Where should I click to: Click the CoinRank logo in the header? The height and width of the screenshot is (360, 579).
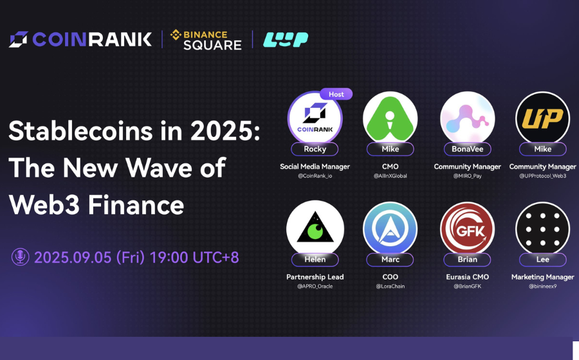(80, 39)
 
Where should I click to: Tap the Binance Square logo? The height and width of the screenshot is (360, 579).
(206, 40)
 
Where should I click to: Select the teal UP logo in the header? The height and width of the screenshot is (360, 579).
(286, 40)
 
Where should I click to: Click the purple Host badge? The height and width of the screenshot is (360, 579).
(336, 94)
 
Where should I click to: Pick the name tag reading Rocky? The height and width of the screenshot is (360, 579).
(315, 149)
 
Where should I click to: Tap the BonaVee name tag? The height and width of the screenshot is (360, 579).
(468, 149)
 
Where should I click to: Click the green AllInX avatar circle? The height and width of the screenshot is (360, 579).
(391, 118)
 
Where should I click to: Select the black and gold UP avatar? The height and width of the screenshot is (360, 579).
(543, 118)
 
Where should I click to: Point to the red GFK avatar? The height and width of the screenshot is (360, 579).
(468, 229)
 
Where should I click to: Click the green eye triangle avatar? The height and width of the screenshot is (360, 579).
(315, 229)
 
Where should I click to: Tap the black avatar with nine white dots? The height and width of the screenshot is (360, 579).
(543, 229)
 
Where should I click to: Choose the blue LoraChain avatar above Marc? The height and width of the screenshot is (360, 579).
(391, 229)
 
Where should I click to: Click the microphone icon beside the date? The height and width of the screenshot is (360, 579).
(21, 256)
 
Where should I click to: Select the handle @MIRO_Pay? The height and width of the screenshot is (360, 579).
(468, 176)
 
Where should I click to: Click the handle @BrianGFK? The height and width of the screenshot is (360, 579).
(468, 286)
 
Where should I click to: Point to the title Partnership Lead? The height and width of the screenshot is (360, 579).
(315, 277)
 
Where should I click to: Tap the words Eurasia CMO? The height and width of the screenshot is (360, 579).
(468, 277)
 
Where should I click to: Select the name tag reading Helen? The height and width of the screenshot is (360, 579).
(315, 260)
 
